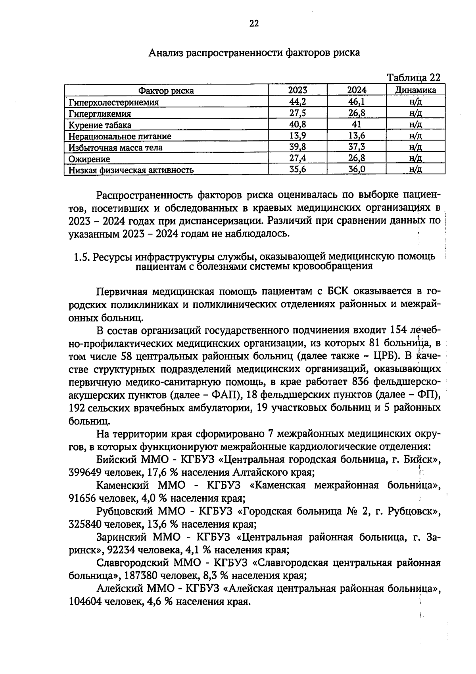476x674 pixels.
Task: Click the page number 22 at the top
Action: [254, 24]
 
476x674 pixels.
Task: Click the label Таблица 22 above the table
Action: [413, 77]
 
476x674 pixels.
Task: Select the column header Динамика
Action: [415, 90]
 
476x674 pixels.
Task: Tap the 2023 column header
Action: [297, 90]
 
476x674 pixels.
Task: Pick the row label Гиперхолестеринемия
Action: [113, 102]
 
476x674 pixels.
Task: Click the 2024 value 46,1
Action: [357, 102]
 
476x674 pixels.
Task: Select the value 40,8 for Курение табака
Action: [297, 124]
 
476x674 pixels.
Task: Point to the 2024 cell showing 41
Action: [357, 124]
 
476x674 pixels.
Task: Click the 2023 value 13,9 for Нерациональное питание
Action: [297, 136]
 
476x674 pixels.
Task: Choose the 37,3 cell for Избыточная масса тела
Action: [357, 147]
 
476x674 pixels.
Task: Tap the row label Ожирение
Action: [89, 159]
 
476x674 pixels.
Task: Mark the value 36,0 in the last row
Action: [357, 170]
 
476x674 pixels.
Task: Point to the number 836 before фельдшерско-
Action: [361, 382]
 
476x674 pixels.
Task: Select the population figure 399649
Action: [85, 472]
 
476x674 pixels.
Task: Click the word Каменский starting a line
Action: [123, 485]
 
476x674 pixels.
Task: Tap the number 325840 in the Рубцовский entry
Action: [85, 524]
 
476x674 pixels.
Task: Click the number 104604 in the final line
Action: [85, 602]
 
